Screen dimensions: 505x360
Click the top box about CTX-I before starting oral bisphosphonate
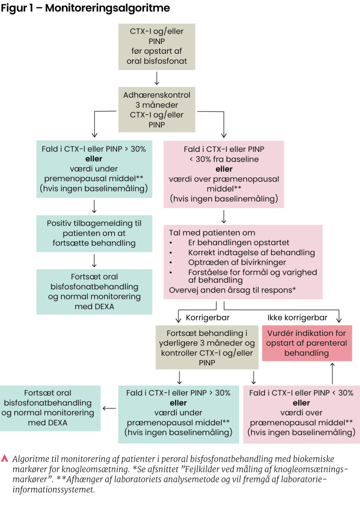pyautogui.click(x=157, y=47)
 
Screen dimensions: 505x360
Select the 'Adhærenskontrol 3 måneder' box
pyautogui.click(x=157, y=110)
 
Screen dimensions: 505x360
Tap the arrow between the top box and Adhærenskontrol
pyautogui.click(x=157, y=78)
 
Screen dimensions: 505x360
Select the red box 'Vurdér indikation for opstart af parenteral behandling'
pyautogui.click(x=307, y=343)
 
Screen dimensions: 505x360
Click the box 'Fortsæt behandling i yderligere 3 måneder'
pyautogui.click(x=207, y=347)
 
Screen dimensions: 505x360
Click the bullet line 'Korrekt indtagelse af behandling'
pyautogui.click(x=252, y=252)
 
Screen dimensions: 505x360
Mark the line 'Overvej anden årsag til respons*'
pyautogui.click(x=232, y=290)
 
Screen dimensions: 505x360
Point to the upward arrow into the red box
pyautogui.click(x=332, y=373)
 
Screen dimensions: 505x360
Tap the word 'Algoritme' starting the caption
pyautogui.click(x=30, y=458)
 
